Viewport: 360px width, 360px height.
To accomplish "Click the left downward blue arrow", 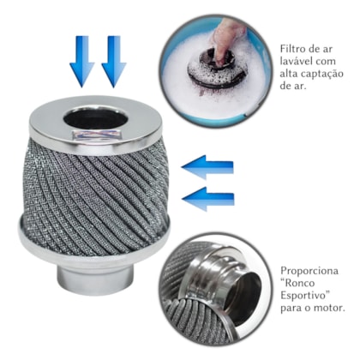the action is tap(82, 61).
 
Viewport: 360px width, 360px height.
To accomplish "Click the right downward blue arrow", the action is tap(114, 61).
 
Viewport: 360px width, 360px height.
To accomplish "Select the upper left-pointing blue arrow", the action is tap(207, 167).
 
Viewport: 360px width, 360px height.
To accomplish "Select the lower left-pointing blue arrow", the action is tap(208, 199).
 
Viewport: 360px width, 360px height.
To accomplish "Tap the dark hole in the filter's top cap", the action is tap(95, 117).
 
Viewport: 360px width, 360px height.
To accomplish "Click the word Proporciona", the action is tap(309, 271).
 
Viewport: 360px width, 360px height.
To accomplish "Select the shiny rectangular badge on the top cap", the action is tap(95, 135).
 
